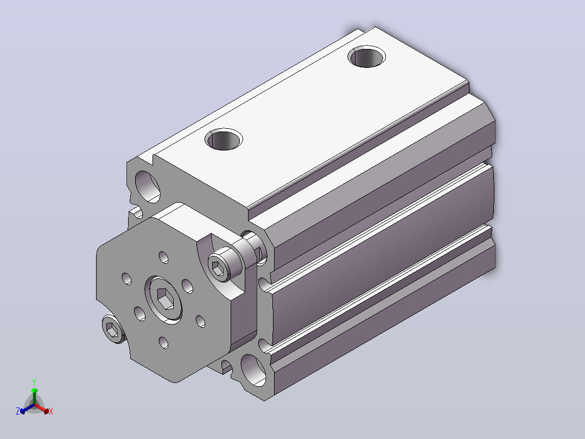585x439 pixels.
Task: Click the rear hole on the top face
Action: pos(367,57)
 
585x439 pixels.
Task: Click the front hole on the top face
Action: pos(224,139)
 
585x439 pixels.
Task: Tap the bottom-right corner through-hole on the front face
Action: pos(254,370)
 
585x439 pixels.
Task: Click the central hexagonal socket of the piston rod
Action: pos(166,298)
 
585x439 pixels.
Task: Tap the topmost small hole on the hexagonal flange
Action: pos(163,257)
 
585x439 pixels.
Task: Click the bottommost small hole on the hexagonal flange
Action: pos(163,342)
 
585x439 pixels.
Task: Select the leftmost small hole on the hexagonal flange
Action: pos(126,278)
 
